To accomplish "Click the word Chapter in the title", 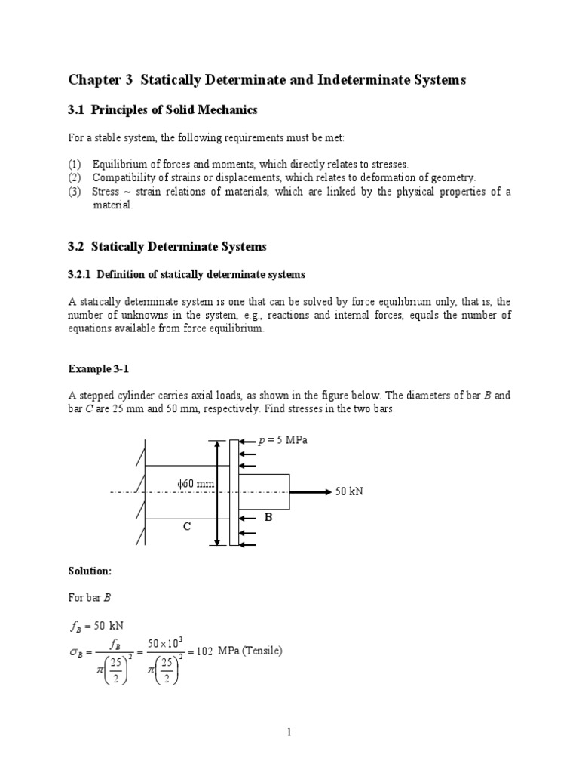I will tap(93, 79).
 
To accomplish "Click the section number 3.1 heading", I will tap(78, 110).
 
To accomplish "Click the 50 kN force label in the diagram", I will tap(349, 491).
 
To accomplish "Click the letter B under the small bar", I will tap(266, 518).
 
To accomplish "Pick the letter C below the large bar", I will tap(186, 529).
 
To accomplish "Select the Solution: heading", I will tap(90, 571).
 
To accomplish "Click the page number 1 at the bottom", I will tap(289, 731).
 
